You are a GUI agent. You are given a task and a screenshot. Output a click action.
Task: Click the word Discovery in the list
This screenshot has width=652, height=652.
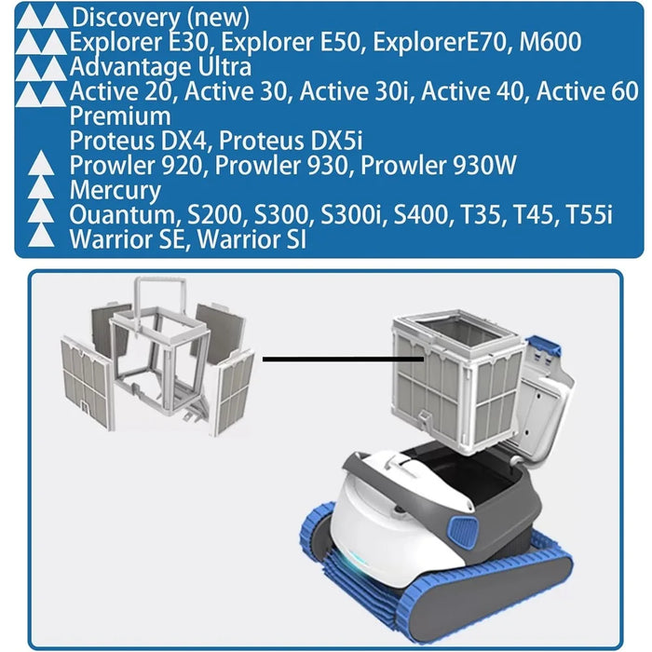126,18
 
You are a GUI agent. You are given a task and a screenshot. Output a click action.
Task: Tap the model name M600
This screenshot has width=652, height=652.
550,42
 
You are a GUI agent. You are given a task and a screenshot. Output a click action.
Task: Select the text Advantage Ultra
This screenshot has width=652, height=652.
160,66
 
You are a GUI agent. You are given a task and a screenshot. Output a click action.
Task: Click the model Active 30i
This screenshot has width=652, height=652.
354,91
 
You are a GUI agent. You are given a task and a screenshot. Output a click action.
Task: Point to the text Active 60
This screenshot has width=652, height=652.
587,91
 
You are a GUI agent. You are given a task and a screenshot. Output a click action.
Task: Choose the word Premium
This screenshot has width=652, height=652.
120,116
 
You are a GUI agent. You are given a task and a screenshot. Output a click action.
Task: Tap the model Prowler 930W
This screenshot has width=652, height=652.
439,165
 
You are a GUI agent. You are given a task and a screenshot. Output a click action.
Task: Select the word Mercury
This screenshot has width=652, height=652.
115,190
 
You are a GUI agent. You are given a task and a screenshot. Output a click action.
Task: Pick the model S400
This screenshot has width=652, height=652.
421,214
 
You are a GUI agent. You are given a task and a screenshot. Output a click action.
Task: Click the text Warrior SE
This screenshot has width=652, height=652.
127,239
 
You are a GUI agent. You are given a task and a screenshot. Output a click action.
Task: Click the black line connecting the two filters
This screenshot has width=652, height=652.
343,359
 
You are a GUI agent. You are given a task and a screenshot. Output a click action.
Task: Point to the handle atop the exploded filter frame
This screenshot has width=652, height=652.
159,295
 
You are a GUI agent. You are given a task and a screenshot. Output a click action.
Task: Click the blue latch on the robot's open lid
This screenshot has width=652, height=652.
543,346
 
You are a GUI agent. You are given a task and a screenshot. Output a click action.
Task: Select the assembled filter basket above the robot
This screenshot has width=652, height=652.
457,381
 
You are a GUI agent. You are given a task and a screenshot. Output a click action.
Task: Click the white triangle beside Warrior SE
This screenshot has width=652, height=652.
41,236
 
